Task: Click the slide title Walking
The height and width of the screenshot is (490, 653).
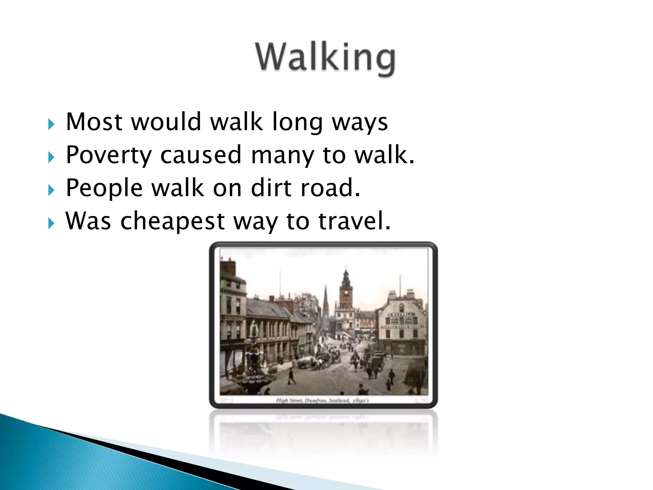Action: click(325, 57)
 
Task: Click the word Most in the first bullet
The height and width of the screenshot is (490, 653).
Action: click(94, 122)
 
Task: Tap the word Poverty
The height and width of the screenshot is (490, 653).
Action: click(108, 155)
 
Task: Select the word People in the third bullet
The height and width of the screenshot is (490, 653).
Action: click(104, 188)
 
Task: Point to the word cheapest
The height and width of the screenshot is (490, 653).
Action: click(172, 221)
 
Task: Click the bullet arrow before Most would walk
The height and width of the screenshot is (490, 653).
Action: click(51, 124)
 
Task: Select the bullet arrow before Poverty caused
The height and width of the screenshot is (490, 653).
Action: click(51, 157)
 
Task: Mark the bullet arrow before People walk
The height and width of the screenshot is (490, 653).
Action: click(51, 190)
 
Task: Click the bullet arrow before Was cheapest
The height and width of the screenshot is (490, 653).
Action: click(51, 223)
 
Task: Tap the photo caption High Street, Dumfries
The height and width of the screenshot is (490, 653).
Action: click(322, 400)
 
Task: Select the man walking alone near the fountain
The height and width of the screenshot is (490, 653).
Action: click(291, 376)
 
